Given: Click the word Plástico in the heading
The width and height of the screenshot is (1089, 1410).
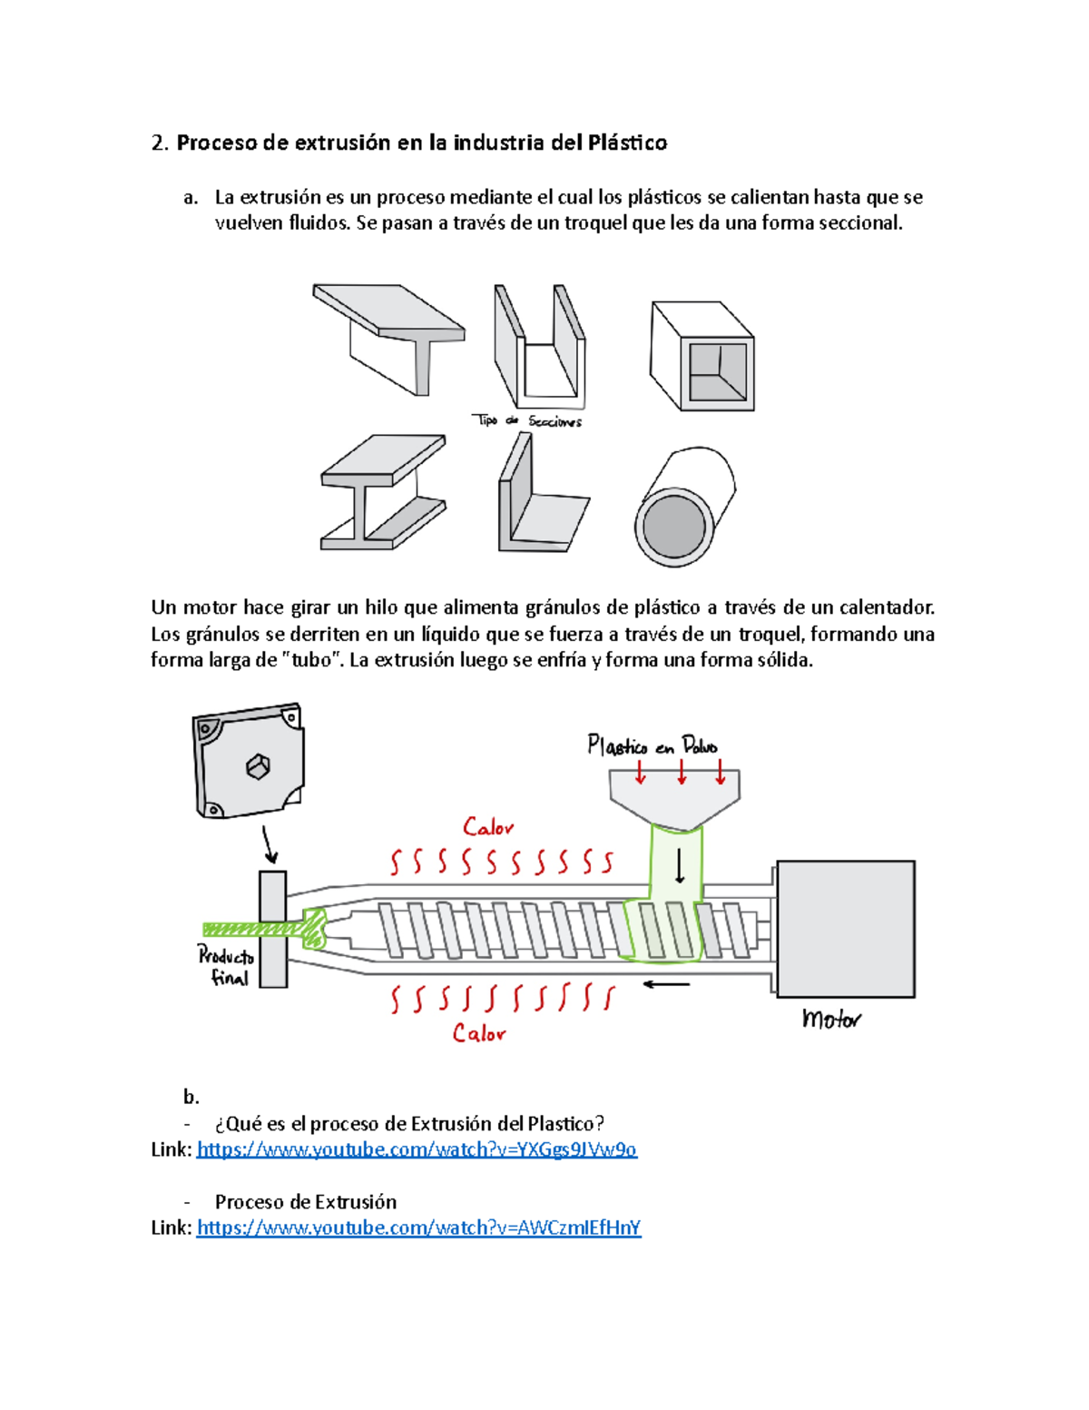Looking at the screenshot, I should (627, 143).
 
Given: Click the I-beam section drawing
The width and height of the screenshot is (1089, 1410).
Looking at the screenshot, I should (383, 493).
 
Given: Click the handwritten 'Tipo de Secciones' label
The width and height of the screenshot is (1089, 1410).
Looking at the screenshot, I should (527, 420).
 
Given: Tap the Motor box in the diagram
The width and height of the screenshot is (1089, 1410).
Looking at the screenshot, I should (845, 928).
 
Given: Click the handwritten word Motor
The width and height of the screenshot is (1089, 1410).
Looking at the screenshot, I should (830, 1020).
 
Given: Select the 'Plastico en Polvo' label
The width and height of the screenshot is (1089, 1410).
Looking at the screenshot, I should (652, 746).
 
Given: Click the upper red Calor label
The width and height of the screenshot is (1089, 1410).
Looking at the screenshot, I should (488, 827).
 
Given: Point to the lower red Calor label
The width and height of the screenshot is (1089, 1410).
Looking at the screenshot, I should (479, 1033).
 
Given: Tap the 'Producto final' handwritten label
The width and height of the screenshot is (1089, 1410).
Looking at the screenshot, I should (226, 966).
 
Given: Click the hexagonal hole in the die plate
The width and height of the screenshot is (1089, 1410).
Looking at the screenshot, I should (259, 766).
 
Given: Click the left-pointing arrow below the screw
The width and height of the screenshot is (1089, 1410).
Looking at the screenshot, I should (667, 984).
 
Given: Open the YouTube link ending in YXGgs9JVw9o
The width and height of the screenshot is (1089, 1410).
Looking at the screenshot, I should (417, 1149).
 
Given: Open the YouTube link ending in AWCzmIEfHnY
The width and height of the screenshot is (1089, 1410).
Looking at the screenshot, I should (418, 1228).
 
